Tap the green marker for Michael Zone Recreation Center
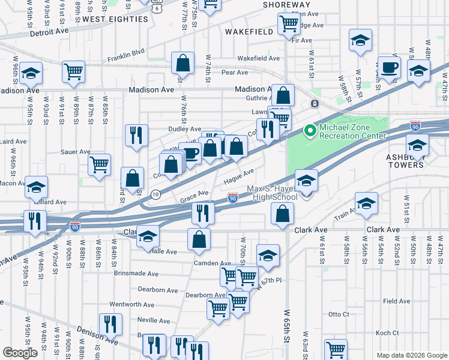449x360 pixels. [310, 130]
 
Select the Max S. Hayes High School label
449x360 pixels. [273, 193]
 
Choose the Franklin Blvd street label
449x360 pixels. [126, 56]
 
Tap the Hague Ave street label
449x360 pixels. [238, 175]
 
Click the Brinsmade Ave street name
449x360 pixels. [136, 273]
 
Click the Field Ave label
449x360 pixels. [396, 301]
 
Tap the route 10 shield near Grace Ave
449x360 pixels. [155, 194]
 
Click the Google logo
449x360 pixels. [20, 353]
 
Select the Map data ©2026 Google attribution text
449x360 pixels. [412, 355]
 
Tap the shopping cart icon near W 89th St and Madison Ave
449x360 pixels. [73, 71]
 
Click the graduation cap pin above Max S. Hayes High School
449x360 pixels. [306, 181]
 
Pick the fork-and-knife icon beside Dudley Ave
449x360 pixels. [137, 135]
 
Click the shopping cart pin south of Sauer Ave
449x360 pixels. [99, 165]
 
